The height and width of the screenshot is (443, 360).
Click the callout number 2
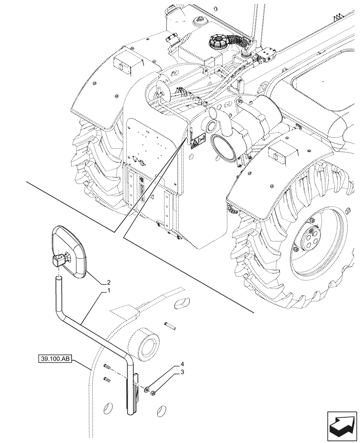pyautogui.click(x=109, y=282)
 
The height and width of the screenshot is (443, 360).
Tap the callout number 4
pyautogui.click(x=182, y=365)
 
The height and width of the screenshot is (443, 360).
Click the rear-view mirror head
pyautogui.click(x=70, y=253)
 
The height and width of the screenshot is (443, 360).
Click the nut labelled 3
pyautogui.click(x=152, y=393)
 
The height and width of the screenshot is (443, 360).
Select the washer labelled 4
pyautogui.click(x=146, y=389)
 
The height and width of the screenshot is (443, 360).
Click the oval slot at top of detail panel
pyautogui.click(x=180, y=303)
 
